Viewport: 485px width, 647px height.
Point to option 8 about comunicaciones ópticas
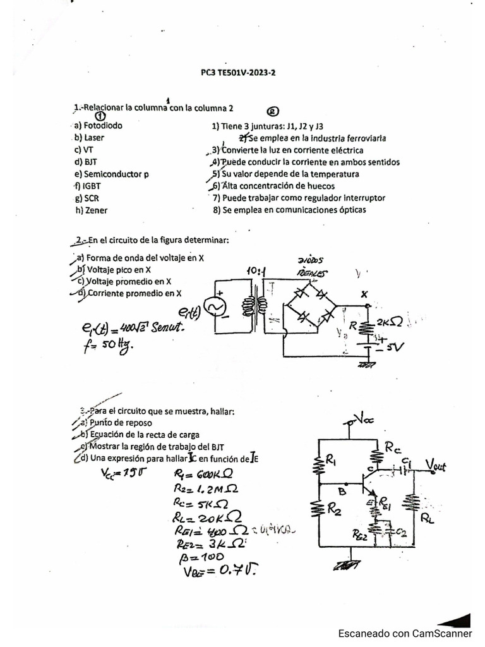(x=289, y=210)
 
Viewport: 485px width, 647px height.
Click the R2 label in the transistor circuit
(x=333, y=507)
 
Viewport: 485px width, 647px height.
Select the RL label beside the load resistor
(x=428, y=519)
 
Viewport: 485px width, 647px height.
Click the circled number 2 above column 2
(x=273, y=112)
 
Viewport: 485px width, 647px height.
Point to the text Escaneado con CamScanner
(x=405, y=632)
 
